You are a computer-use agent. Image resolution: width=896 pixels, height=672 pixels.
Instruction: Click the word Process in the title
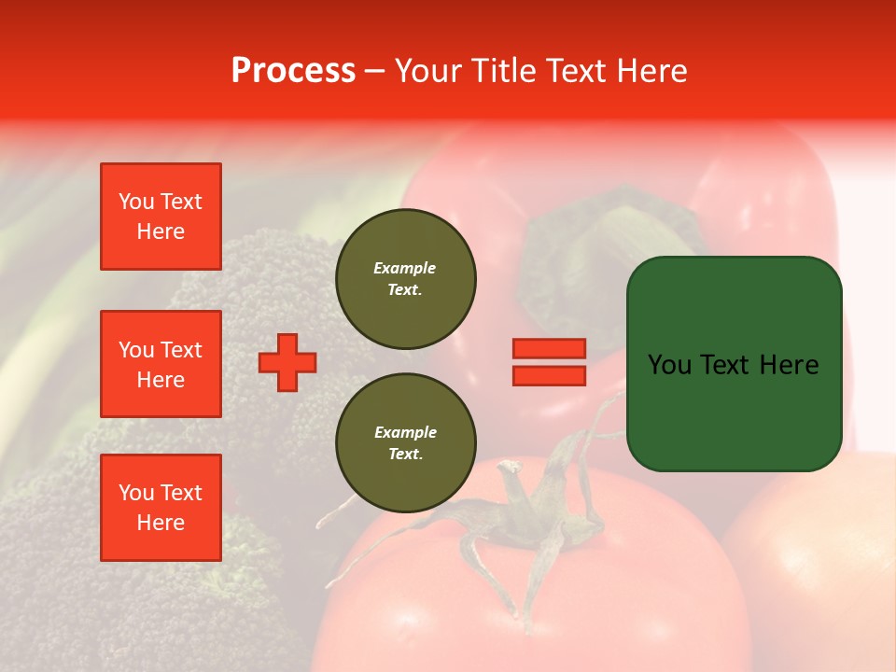[x=293, y=71]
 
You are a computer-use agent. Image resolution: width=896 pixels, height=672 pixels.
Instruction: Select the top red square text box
[x=161, y=217]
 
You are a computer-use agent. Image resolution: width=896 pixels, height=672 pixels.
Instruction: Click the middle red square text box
[x=161, y=364]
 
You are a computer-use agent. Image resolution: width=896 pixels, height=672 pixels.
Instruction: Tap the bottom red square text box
[x=161, y=508]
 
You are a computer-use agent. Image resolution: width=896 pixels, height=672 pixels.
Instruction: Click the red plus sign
[x=287, y=362]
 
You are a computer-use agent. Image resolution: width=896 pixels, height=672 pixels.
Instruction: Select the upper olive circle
[x=405, y=279]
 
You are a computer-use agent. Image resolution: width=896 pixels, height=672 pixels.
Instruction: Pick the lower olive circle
[x=405, y=443]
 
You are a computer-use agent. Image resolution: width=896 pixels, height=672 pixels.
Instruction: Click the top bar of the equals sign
[x=549, y=349]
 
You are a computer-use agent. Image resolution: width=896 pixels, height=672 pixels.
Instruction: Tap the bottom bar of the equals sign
[x=549, y=375]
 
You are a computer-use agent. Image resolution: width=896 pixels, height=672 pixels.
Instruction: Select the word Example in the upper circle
[x=404, y=268]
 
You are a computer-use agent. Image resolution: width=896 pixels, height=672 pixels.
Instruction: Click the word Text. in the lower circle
[x=405, y=455]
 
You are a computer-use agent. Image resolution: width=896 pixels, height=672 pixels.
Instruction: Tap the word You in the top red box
[x=136, y=202]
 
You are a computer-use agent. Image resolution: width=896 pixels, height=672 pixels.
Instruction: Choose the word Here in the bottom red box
[x=161, y=523]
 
